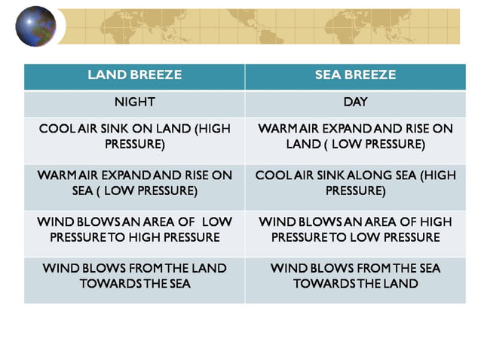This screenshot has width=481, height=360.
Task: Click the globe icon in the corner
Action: pos(35,26)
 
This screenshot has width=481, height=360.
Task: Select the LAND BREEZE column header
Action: pos(134,76)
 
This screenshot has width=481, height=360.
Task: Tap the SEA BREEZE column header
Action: pos(355,76)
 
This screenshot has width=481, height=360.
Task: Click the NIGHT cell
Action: pos(134,103)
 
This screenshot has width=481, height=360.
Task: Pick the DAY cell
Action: pos(355,103)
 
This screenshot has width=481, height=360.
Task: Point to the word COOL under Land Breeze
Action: pos(55,129)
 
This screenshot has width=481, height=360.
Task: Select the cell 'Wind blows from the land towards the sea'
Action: pos(134,276)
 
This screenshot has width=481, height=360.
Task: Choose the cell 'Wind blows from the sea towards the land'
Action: pos(355,276)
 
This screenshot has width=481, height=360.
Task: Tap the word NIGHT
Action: pos(134,103)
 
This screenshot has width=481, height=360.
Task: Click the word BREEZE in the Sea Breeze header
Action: pos(375,76)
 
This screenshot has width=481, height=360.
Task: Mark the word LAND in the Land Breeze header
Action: pos(106,76)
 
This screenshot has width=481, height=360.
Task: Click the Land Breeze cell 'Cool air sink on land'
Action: pos(134,136)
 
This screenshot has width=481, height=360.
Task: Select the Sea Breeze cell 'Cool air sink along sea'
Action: pos(355,183)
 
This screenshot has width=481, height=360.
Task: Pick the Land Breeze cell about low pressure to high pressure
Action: pos(134,230)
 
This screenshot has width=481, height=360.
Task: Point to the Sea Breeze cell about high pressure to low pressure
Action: pos(355,230)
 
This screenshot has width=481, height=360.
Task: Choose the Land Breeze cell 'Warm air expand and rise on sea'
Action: pos(134,183)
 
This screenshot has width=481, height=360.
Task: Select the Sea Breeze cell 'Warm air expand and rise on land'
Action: pos(355,136)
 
